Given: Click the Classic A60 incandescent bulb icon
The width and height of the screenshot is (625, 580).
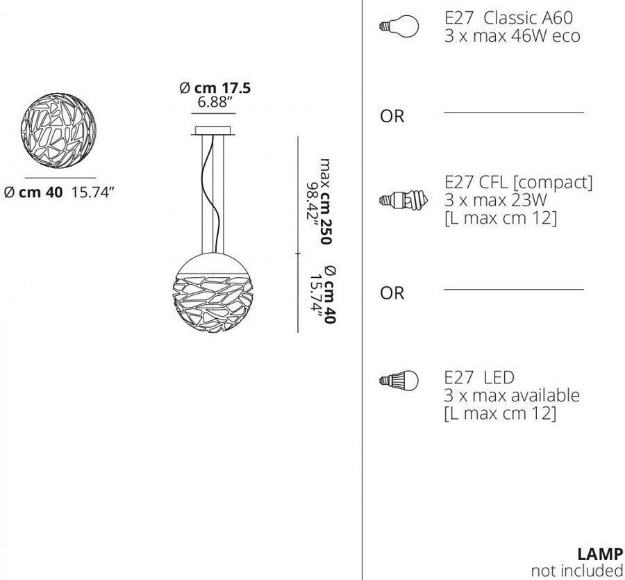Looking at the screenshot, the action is (x=399, y=26).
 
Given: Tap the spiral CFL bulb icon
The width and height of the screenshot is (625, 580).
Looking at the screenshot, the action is (x=403, y=200).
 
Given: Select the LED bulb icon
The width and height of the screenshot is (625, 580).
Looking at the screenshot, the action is (x=399, y=380).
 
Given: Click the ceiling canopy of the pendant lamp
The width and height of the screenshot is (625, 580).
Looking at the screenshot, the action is (x=213, y=131).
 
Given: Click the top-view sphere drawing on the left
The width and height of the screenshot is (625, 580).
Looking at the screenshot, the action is (x=58, y=131).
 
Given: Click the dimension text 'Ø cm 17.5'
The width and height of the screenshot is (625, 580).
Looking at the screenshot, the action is (x=215, y=88).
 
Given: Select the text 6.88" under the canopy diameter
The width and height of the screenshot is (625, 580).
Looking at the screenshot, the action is (x=215, y=102).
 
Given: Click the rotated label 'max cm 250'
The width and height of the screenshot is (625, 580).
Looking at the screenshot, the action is (x=326, y=201).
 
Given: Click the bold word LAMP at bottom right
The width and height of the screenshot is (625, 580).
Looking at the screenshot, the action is (x=600, y=554).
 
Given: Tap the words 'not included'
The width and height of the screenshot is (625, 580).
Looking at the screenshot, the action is (x=577, y=570).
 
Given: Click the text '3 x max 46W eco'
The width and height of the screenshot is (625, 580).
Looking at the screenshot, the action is (x=512, y=36).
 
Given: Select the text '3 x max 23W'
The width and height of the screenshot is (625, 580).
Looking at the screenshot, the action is (x=495, y=199).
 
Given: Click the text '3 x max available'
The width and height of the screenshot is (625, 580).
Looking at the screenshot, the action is (x=512, y=395).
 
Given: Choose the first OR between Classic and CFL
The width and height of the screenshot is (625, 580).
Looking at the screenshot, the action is (x=392, y=116).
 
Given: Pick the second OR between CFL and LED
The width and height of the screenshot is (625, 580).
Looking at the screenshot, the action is (x=392, y=293).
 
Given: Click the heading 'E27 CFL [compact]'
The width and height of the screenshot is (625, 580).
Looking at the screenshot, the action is (x=519, y=182).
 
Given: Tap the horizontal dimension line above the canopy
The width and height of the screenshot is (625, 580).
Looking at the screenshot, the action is (x=213, y=114).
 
